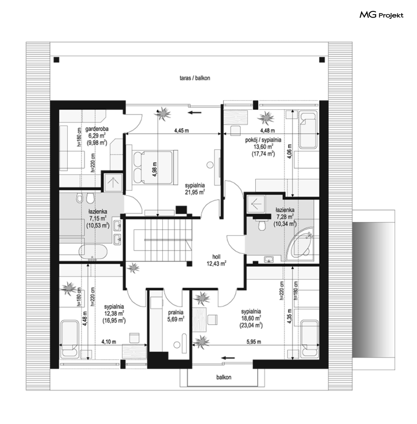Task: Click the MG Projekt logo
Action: pos(381,15)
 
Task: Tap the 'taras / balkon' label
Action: pos(195,78)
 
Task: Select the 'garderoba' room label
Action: pos(97,129)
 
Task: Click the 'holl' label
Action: pos(216,256)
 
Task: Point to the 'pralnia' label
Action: pos(176,312)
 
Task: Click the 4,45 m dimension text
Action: pos(181,131)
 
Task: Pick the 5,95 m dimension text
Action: pos(254,342)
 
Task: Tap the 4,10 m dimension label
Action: pos(109,342)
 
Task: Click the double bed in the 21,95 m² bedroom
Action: pos(153,168)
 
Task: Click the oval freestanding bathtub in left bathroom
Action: pos(93,252)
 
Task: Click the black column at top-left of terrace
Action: pos(56,60)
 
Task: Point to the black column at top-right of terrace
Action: pos(322,60)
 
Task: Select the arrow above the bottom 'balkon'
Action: pos(228,358)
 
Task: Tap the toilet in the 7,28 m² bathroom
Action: pos(262,225)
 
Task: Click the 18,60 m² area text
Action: pos(251,318)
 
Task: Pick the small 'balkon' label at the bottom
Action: pos(224,377)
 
